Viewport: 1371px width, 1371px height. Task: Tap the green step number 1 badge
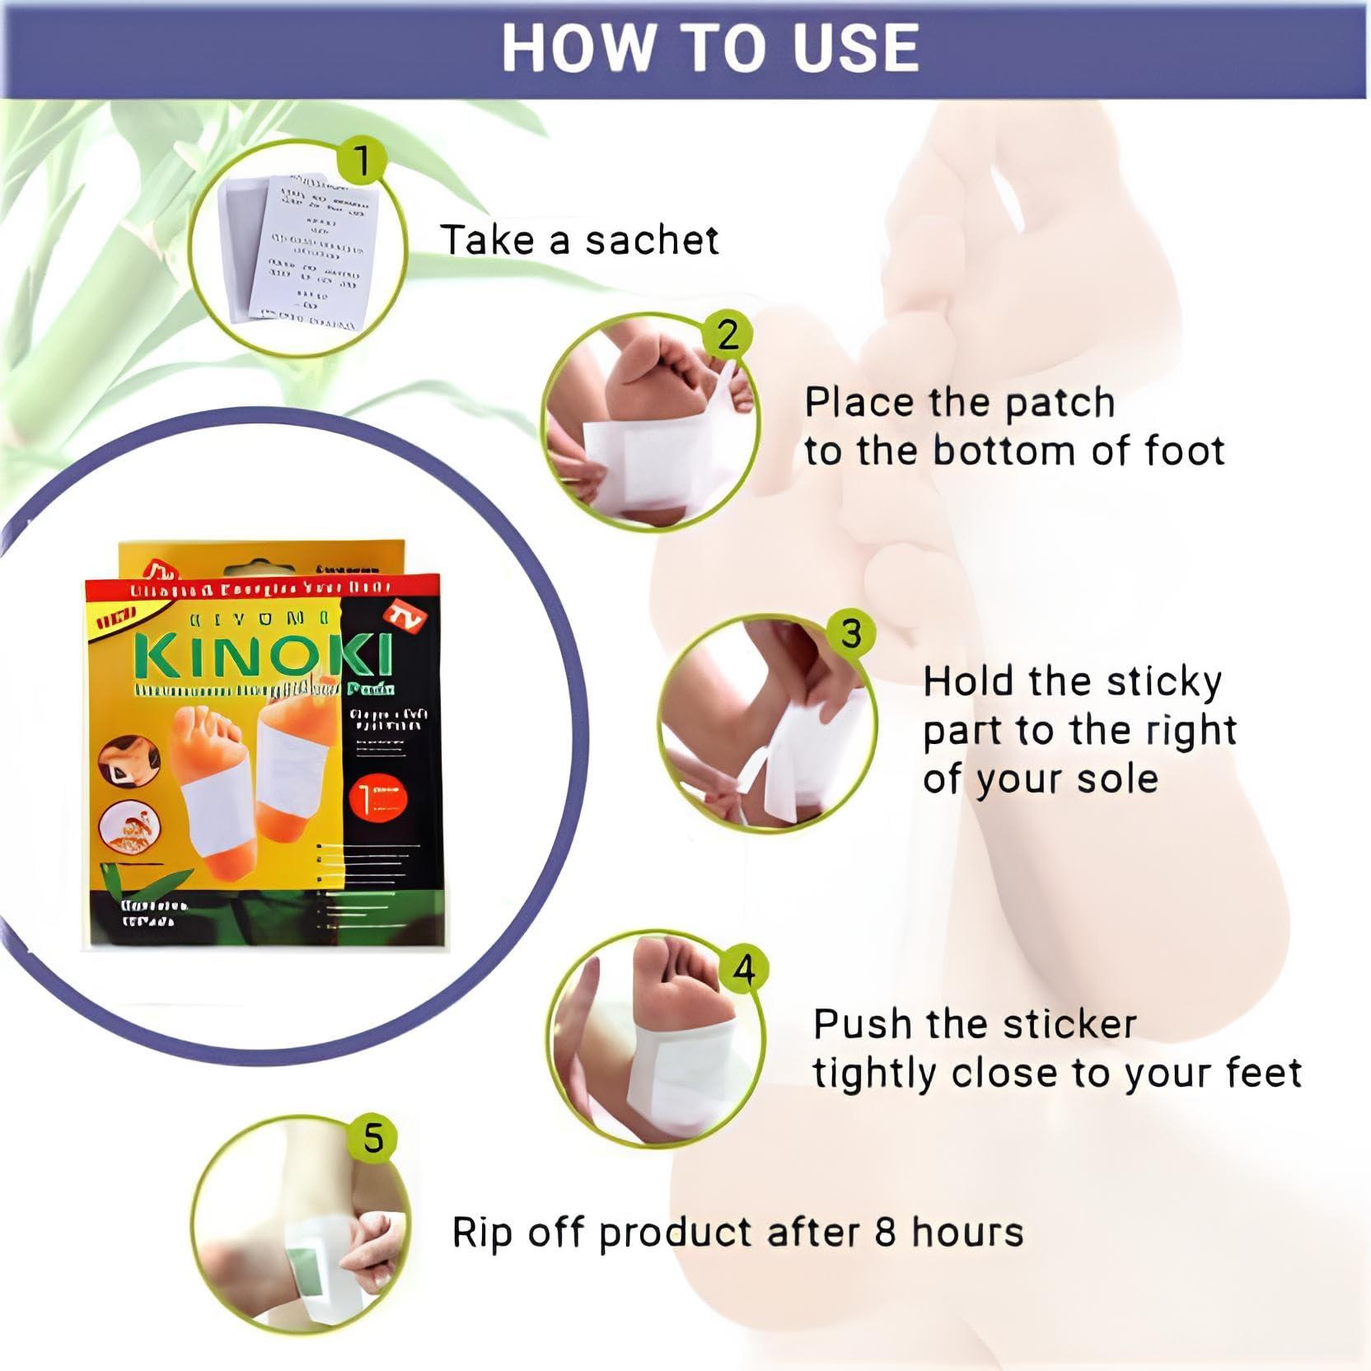[362, 161]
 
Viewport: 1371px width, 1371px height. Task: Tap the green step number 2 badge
[728, 335]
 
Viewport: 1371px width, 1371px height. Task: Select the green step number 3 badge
[850, 634]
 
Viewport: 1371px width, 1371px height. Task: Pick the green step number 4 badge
[744, 970]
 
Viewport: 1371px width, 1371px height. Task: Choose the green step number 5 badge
[373, 1139]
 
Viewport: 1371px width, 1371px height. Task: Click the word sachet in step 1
[652, 241]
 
